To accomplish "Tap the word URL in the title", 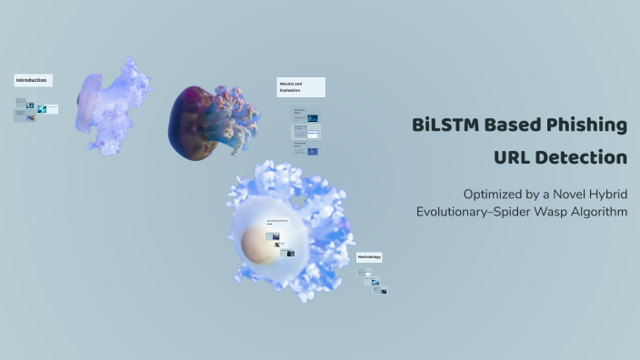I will point(515,157).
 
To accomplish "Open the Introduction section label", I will point(33,80).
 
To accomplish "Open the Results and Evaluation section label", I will point(301,87).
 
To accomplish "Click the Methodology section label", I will point(369,257).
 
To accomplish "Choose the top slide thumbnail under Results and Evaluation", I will point(305,115).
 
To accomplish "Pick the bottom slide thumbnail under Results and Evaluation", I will point(305,148).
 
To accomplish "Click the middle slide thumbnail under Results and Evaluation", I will point(305,132).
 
